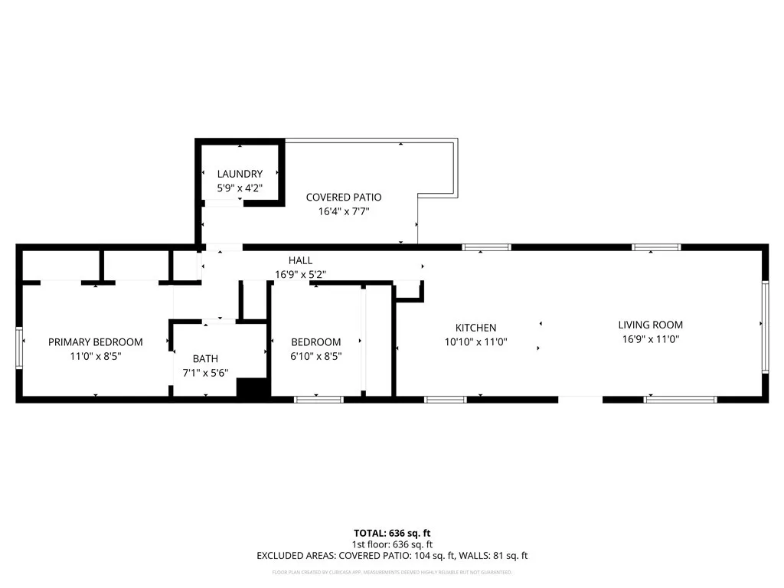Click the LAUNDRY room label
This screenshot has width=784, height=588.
[x=240, y=174]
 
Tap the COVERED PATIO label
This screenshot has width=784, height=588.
[x=344, y=198]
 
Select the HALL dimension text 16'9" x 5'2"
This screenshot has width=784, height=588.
[x=300, y=274]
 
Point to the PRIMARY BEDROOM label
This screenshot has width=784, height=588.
[x=96, y=342]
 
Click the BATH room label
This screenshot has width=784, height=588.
[x=204, y=358]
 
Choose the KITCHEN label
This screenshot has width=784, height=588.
[x=475, y=328]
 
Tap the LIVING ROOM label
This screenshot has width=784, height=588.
[x=651, y=325]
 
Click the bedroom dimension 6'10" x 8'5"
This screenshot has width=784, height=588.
[x=315, y=356]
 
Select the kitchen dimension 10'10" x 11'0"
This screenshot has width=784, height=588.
[x=475, y=342]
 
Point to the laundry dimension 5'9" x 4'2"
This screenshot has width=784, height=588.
[x=240, y=188]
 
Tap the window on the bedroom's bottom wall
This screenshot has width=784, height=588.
[x=319, y=399]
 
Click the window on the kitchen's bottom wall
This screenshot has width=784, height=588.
[x=446, y=399]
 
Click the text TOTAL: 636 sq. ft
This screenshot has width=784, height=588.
[x=392, y=533]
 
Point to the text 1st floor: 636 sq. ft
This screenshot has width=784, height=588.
[x=392, y=544]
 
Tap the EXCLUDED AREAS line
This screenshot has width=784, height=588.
[x=392, y=556]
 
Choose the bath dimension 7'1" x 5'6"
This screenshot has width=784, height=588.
[x=204, y=373]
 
